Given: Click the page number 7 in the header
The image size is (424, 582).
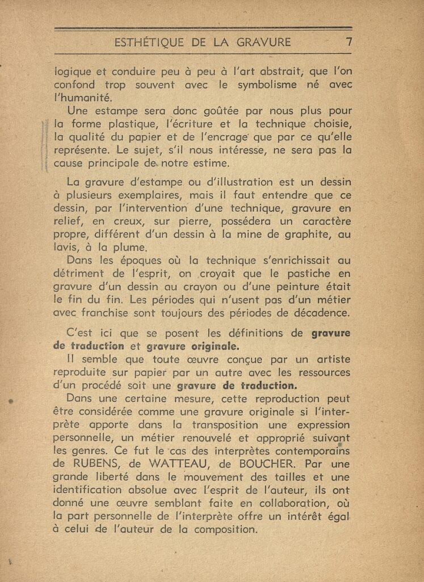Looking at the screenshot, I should tap(349, 41).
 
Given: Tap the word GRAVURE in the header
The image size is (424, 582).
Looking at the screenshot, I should tap(265, 42).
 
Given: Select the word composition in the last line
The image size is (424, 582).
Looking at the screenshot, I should tap(227, 529).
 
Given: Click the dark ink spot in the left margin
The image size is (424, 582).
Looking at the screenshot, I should tap(10, 401).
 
